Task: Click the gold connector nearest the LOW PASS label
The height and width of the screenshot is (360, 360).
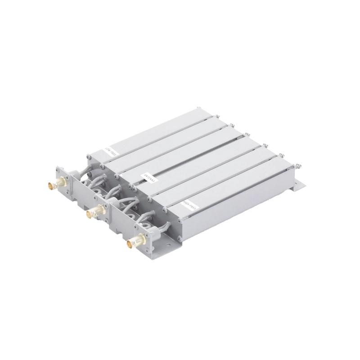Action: tap(48, 184)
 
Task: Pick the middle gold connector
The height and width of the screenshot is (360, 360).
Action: tap(93, 211)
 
